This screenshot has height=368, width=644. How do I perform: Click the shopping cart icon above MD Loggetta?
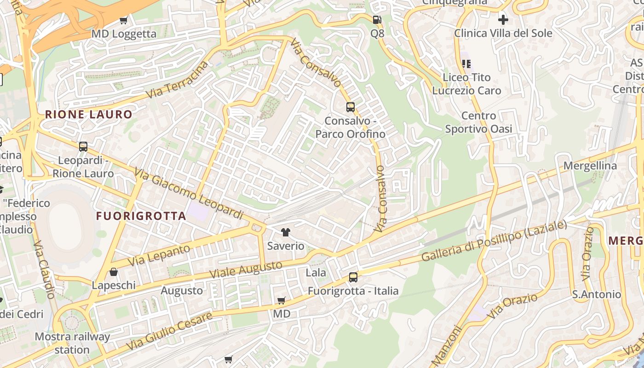(123, 20)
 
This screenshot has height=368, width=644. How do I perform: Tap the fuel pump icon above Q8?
(377, 20)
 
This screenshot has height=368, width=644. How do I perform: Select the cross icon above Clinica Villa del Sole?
(503, 20)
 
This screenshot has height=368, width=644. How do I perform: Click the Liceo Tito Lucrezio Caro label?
(466, 84)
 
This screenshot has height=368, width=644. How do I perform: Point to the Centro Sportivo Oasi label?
(478, 122)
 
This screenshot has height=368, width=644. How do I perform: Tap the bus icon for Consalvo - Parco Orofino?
(351, 107)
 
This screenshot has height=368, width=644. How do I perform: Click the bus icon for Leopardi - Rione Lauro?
(83, 147)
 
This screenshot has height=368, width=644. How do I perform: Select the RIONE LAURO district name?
(89, 115)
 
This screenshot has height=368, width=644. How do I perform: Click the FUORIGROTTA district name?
(141, 216)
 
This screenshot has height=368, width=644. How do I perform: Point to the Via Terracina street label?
(177, 80)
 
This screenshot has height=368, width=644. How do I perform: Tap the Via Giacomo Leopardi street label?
(189, 194)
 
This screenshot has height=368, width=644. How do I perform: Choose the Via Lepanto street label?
(159, 255)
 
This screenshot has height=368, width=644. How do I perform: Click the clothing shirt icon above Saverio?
(286, 232)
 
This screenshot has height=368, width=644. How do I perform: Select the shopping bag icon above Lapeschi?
(114, 272)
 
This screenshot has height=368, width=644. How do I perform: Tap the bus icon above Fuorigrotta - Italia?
(353, 277)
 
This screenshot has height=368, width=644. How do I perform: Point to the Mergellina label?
(590, 166)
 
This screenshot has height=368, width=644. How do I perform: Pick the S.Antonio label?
(597, 294)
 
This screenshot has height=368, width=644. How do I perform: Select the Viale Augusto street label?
(246, 269)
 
